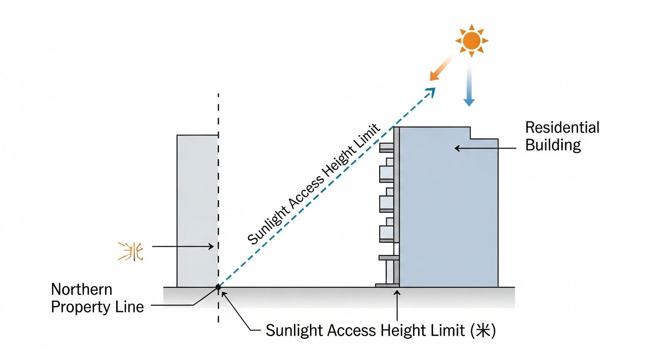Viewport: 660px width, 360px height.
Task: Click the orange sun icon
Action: tap(472, 41)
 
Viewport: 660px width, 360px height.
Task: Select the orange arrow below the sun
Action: tap(441, 68)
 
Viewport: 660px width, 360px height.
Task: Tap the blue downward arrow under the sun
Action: tap(469, 86)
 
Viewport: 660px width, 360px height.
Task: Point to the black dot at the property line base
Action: tap(218, 287)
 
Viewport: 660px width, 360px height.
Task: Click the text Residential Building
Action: tap(562, 136)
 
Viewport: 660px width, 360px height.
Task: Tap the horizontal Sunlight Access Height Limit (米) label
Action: tap(380, 330)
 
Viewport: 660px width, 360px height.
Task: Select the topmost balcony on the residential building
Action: tap(387, 147)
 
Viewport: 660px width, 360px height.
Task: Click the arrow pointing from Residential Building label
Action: tap(487, 148)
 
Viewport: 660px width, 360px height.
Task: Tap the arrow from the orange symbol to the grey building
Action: tap(183, 246)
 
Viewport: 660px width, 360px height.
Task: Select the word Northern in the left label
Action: tap(82, 289)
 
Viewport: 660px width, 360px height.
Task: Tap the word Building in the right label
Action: tap(553, 145)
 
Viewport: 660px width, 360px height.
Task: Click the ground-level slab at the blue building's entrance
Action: tap(387, 285)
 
